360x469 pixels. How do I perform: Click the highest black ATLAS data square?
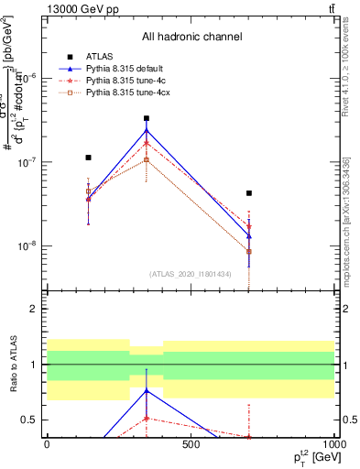[147, 118]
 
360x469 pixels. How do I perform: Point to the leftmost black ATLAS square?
[88, 158]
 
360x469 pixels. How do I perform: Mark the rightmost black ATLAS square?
[249, 193]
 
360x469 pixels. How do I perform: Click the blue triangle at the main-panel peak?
[147, 130]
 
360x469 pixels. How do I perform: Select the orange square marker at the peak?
[147, 160]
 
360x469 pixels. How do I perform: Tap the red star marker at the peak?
[147, 143]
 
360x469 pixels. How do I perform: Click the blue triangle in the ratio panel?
[147, 390]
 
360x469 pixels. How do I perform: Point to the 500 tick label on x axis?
[191, 445]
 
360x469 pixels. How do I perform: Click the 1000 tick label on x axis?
[333, 445]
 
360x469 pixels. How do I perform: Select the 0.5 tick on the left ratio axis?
[34, 420]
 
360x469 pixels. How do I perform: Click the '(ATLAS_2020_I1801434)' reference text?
[191, 274]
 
